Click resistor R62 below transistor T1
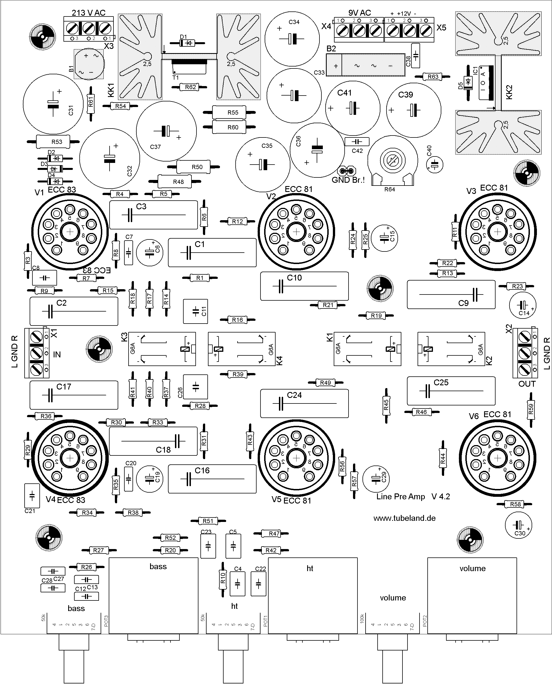pos(190,87)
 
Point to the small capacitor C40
pos(435,165)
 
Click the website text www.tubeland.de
pos(404,518)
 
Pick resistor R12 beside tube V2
pos(237,222)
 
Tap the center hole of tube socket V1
pos(70,232)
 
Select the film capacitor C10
pos(304,286)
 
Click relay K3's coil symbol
pos(185,349)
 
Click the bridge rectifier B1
pos(89,64)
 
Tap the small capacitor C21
pos(32,495)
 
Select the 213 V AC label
pos(88,13)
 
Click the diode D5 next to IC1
pos(468,83)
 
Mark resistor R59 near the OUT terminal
pos(530,409)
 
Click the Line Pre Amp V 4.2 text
pos(413,497)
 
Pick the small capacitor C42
pos(357,141)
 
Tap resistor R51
pos(208,521)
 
